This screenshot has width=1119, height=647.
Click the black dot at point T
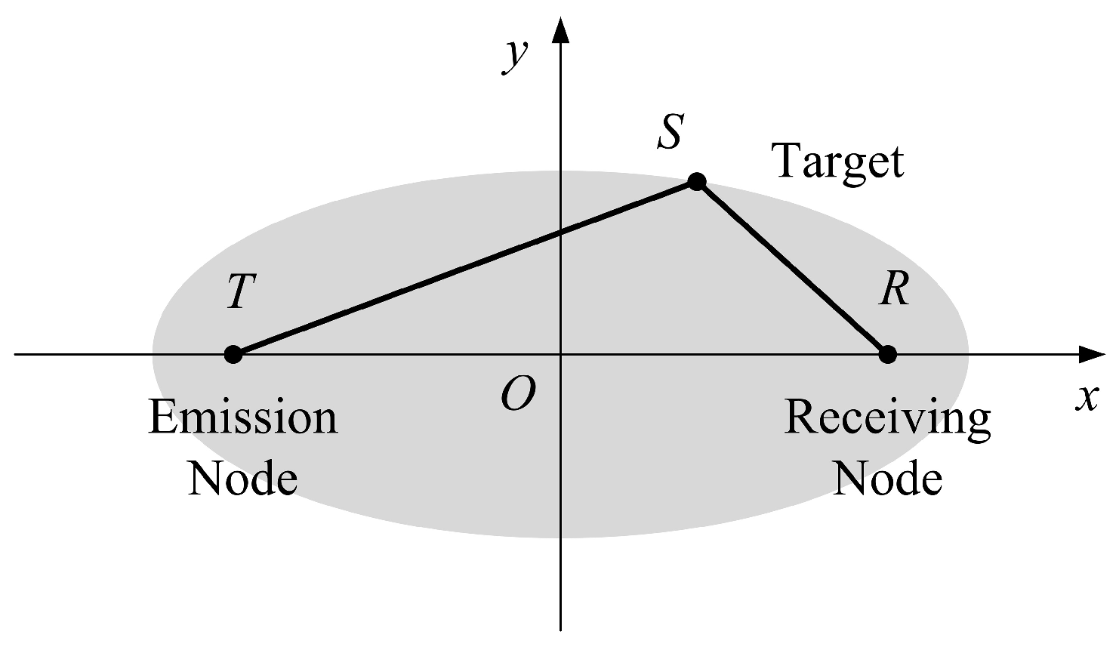(233, 353)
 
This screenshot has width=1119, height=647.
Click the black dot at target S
(696, 181)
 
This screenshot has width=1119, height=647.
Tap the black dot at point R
(888, 353)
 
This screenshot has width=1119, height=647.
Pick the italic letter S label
(669, 131)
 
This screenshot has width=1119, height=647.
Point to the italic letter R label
(894, 290)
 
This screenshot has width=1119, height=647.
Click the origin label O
(518, 394)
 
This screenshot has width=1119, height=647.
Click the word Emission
(243, 417)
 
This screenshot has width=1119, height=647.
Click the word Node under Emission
(242, 478)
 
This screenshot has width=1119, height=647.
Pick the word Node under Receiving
(887, 478)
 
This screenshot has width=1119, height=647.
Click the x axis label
(1087, 397)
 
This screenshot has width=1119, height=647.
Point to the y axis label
(516, 55)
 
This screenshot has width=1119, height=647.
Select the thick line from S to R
(793, 268)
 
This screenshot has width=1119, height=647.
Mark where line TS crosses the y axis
(560, 232)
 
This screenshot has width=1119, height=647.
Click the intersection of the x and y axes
(560, 353)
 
